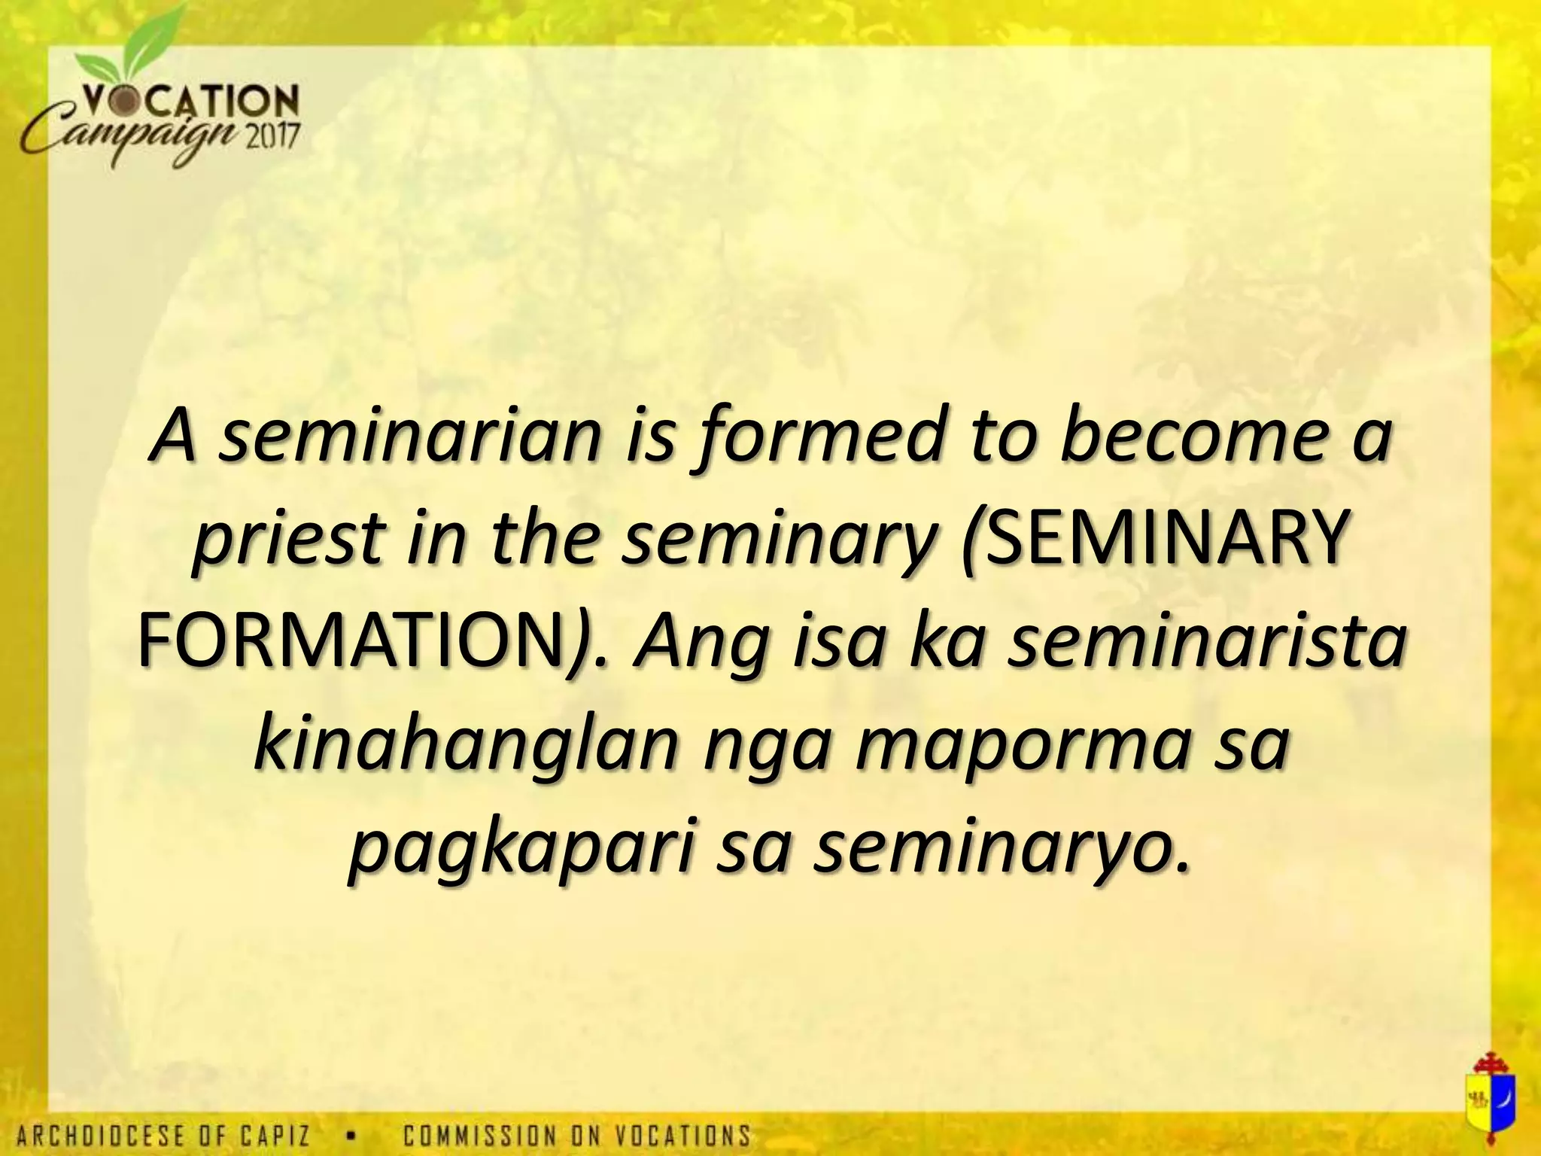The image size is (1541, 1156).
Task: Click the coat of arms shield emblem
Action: click(1486, 1103)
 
